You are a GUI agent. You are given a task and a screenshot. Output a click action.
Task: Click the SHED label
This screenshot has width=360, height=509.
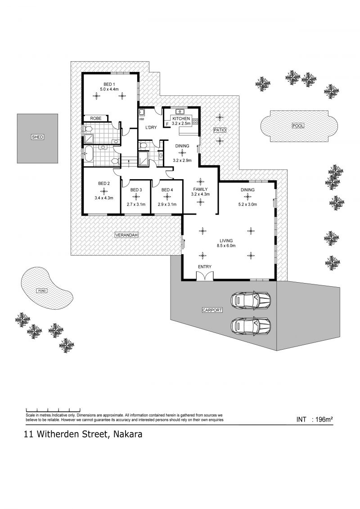pos(37,137)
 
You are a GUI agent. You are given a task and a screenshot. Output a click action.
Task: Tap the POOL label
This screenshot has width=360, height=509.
pos(297,126)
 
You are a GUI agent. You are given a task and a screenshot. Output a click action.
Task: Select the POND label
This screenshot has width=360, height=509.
pos(42,291)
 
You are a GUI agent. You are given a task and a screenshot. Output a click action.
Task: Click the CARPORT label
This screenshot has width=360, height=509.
pos(212,310)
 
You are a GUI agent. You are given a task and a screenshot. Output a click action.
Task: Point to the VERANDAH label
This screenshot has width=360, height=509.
pos(126,235)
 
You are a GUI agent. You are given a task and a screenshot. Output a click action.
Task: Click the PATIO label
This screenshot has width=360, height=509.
pos(220,130)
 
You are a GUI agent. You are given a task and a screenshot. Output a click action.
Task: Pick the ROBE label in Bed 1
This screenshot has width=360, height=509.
pos(96,118)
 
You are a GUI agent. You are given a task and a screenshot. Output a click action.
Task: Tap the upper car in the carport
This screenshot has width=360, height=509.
pos(251,300)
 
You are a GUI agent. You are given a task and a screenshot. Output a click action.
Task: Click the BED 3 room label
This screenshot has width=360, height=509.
pos(136,190)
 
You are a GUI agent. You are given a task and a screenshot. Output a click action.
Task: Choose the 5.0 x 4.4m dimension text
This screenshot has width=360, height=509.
pos(109,89)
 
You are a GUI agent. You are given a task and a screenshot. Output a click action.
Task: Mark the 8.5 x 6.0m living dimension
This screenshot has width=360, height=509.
pos(226,246)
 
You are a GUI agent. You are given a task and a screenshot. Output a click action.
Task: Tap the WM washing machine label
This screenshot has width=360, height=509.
pos(141,119)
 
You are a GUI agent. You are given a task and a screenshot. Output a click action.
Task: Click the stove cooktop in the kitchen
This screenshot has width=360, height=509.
pos(195,122)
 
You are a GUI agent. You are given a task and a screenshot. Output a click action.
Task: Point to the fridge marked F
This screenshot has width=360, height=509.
pos(167,124)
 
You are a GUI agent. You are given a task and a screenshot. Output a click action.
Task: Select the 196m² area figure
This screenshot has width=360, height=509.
pos(322,419)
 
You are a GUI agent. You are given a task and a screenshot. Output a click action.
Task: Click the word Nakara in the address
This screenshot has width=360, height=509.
pos(127,434)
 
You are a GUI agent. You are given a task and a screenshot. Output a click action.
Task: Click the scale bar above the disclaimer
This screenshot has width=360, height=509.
pos(53,410)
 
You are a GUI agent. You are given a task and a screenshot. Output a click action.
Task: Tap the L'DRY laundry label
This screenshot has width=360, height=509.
pos(151,127)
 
